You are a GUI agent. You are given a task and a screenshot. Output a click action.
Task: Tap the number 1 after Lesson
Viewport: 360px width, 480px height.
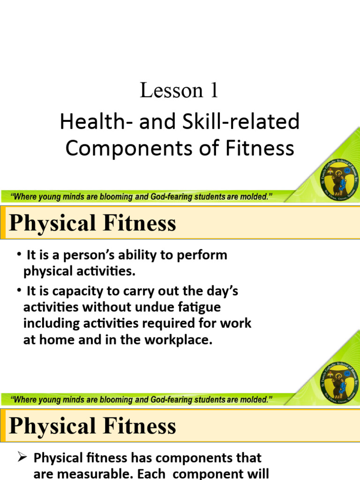coord(214,90)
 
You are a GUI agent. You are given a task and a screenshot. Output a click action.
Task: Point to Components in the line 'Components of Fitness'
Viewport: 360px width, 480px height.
coord(122,148)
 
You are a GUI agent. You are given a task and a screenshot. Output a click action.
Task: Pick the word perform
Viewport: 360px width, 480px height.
coord(203,255)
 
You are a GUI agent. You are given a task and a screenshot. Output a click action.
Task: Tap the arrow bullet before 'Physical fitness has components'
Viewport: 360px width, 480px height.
coord(22,457)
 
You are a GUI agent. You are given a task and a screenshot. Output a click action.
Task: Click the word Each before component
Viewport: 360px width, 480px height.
coord(137,473)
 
